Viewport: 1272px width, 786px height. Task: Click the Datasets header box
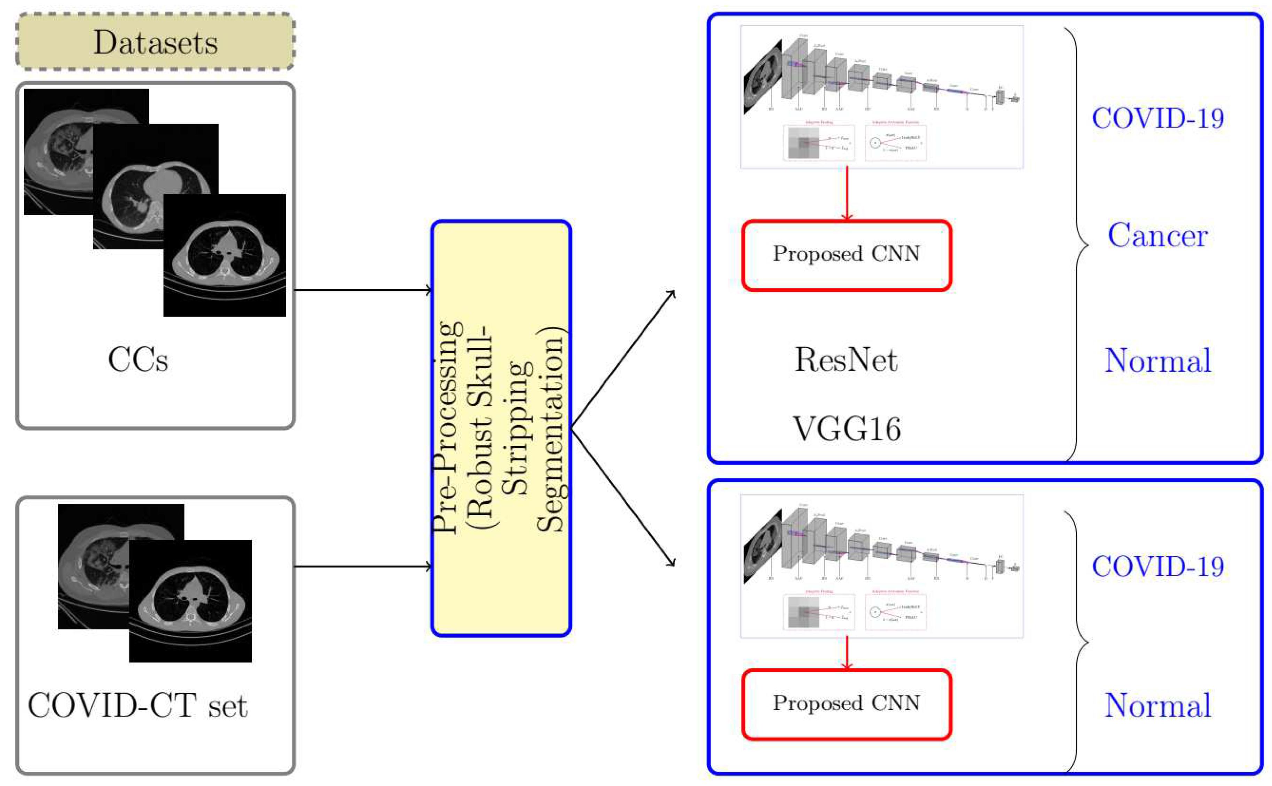[155, 42]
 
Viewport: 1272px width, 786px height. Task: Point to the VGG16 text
[846, 429]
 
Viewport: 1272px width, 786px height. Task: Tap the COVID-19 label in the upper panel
[1157, 119]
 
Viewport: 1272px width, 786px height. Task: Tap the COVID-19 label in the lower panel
[1157, 567]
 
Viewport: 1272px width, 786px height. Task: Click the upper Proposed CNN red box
[846, 255]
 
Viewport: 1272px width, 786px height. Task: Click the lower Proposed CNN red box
[846, 704]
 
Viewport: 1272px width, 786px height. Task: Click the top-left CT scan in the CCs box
[57, 151]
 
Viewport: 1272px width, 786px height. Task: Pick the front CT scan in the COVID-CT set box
[190, 601]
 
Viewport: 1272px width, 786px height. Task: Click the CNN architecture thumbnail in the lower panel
[881, 566]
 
